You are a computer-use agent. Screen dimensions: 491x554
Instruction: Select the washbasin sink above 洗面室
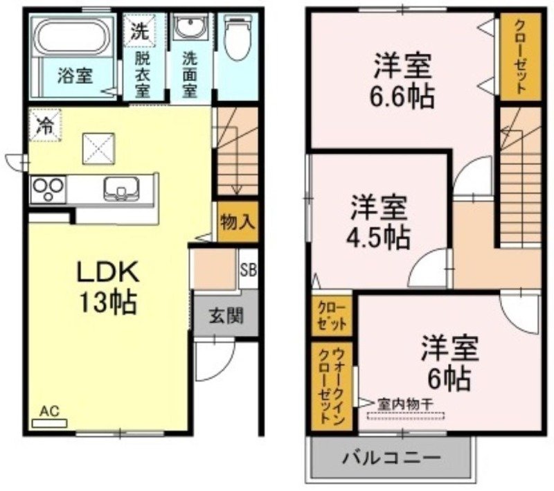[188, 28]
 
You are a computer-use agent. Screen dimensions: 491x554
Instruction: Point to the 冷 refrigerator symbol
[45, 125]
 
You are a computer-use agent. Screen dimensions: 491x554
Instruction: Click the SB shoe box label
[248, 269]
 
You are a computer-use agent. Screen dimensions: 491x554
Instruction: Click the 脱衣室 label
[143, 74]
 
